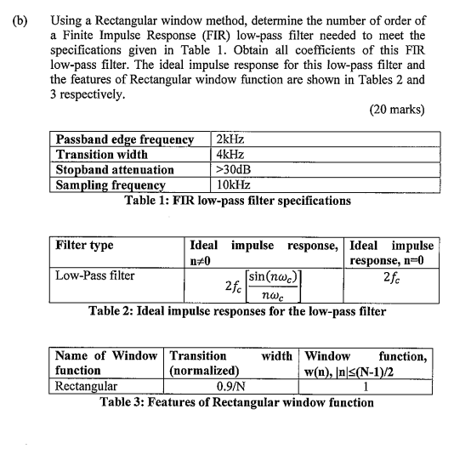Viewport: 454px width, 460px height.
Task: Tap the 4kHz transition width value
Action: tap(232, 154)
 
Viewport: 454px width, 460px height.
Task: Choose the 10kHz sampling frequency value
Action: tap(236, 185)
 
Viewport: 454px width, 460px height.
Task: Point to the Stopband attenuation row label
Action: tap(115, 169)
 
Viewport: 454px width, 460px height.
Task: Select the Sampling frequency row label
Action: tap(110, 185)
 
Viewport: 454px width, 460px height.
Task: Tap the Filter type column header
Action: tap(84, 246)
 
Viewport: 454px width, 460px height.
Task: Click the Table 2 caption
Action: tap(249, 310)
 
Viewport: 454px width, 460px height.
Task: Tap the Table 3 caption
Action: tap(227, 400)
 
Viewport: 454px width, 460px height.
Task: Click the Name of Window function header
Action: tap(105, 363)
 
